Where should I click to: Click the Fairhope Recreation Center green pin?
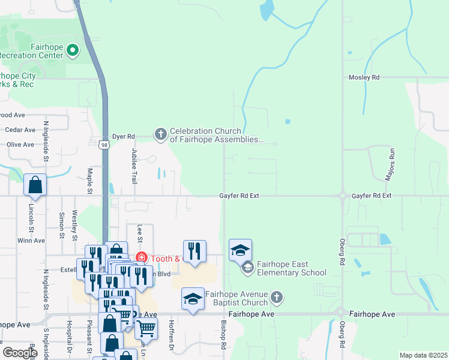pyautogui.click(x=73, y=50)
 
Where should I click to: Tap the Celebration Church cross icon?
pyautogui.click(x=161, y=134)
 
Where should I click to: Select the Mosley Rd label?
pyautogui.click(x=364, y=77)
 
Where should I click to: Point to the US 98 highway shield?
pyautogui.click(x=104, y=145)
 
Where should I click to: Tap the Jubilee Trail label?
pyautogui.click(x=134, y=167)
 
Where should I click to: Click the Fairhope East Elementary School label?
pyautogui.click(x=291, y=268)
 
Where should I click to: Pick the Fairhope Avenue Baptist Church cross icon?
pyautogui.click(x=276, y=297)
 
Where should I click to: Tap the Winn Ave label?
pyautogui.click(x=31, y=241)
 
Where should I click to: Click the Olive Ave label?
pyautogui.click(x=20, y=145)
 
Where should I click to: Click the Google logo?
pyautogui.click(x=20, y=352)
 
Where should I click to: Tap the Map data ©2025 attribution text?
pyautogui.click(x=423, y=355)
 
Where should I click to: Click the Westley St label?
pyautogui.click(x=75, y=225)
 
